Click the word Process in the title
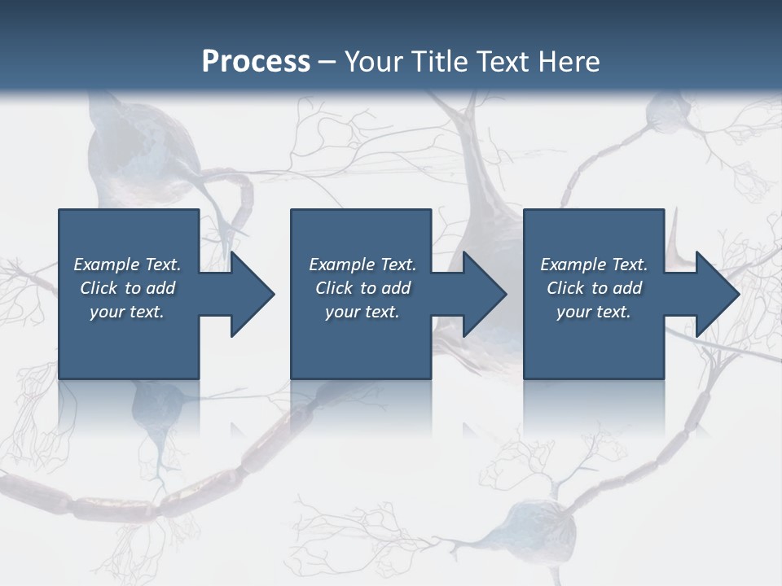256,62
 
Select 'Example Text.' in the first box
127,265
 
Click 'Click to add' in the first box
127,288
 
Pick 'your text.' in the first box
127,312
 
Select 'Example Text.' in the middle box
362,265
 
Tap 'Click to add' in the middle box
362,288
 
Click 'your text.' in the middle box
362,312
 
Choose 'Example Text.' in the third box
594,265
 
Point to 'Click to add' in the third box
594,288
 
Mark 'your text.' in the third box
594,312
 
